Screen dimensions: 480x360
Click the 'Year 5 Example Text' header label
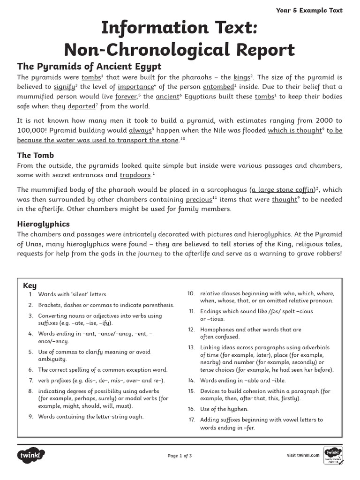(315, 10)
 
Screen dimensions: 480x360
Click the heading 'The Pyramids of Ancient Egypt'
(89, 66)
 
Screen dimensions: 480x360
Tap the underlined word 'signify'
(64, 87)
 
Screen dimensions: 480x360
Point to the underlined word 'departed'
(81, 106)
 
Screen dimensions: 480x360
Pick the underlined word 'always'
(140, 131)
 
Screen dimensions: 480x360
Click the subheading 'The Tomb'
(36, 155)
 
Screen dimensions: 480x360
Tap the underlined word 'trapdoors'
(135, 175)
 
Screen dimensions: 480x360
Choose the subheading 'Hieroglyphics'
(44, 224)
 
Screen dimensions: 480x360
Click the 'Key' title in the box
(30, 285)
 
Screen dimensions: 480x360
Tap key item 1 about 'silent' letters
(73, 294)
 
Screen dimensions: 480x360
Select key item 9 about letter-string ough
(90, 416)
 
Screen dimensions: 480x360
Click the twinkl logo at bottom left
(31, 455)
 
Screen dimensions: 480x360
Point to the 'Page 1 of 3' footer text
(180, 456)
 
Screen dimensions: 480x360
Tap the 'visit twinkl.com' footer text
(303, 455)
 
